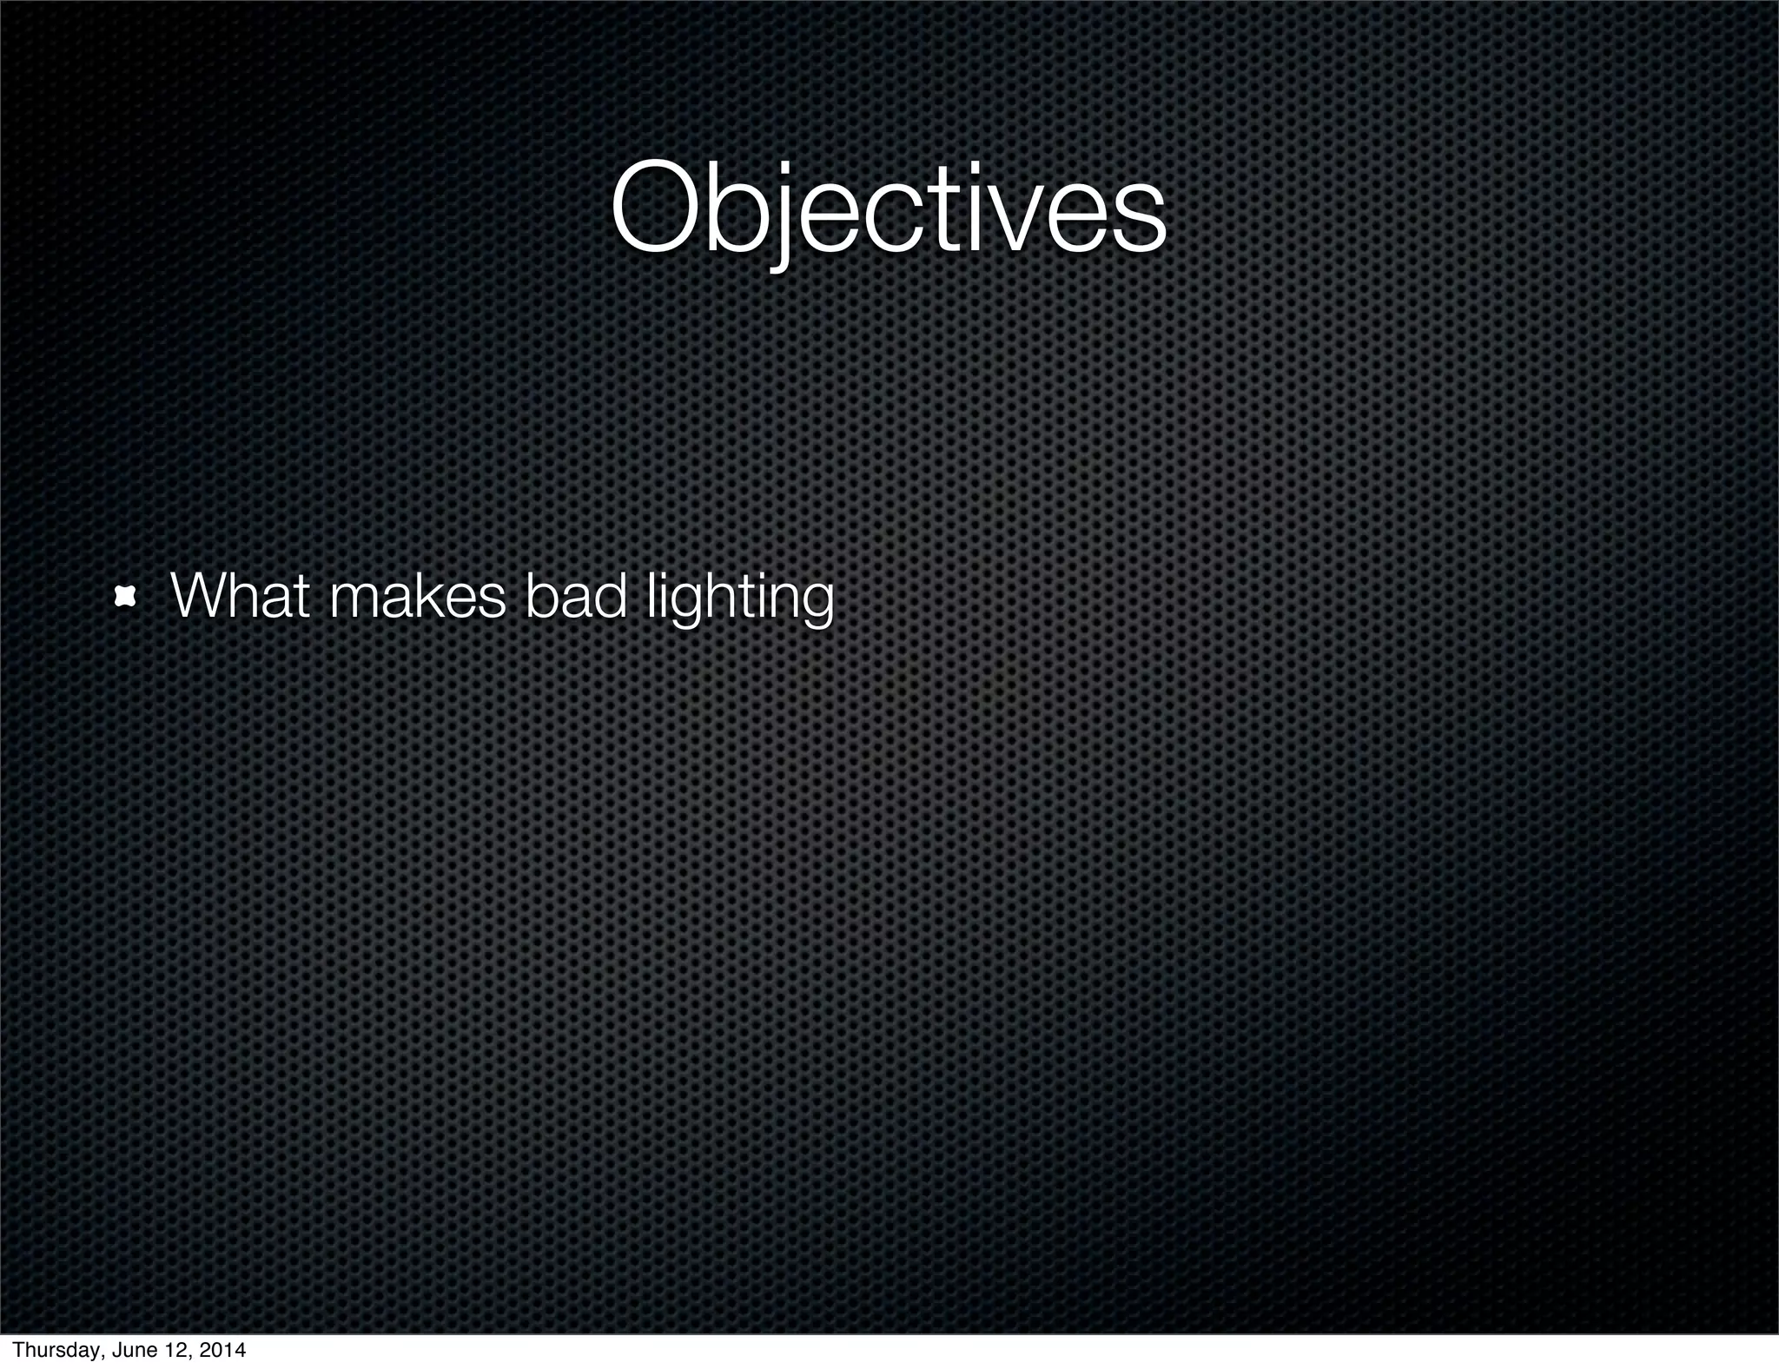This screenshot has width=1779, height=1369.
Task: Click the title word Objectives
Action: pos(888,211)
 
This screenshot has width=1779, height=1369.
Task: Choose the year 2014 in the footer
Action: pos(221,1351)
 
